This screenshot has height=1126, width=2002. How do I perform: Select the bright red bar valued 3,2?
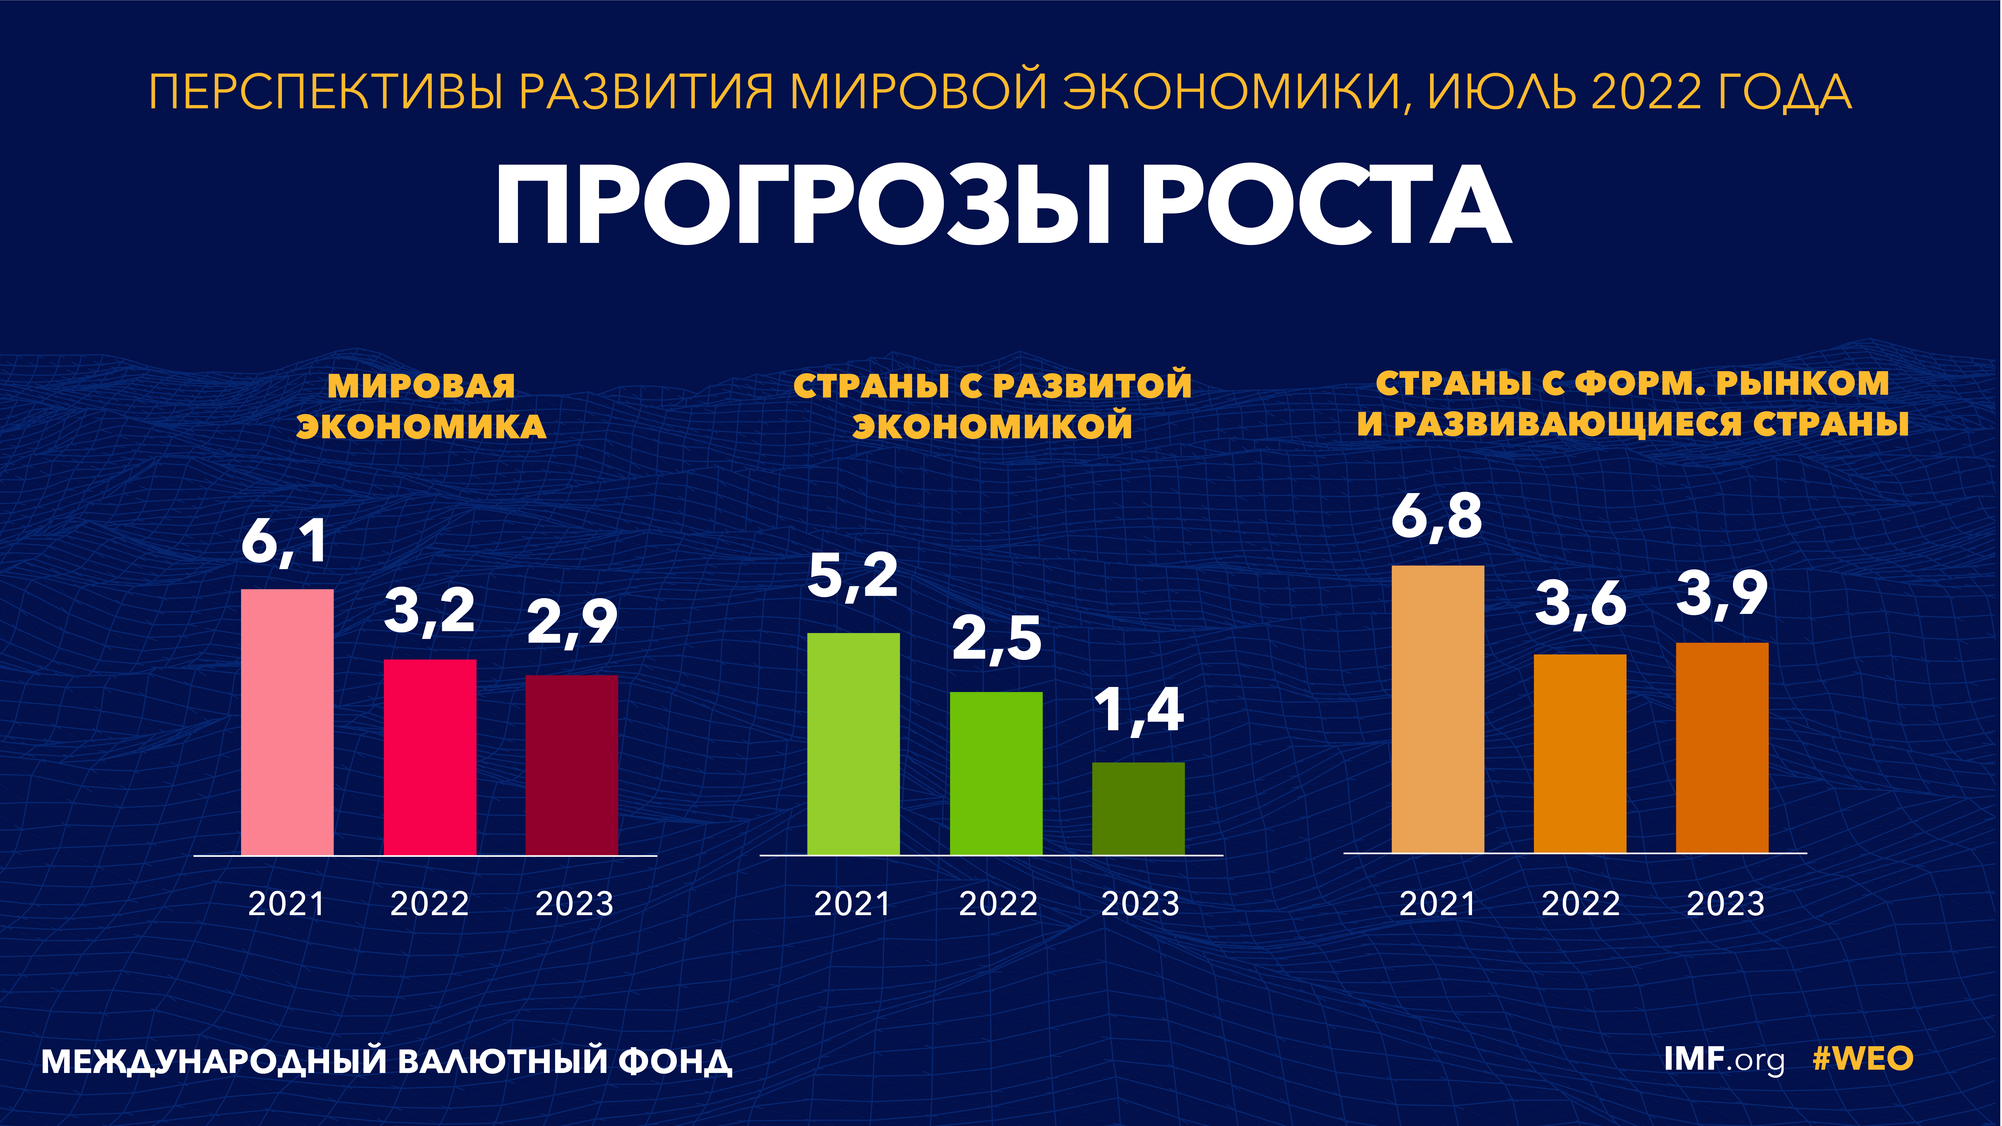point(430,758)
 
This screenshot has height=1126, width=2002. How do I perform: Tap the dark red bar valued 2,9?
point(572,766)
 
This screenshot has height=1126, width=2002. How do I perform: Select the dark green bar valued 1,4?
point(1138,809)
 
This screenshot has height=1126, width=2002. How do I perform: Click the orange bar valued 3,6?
point(1580,754)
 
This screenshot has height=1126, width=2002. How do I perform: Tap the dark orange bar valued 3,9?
point(1722,747)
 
